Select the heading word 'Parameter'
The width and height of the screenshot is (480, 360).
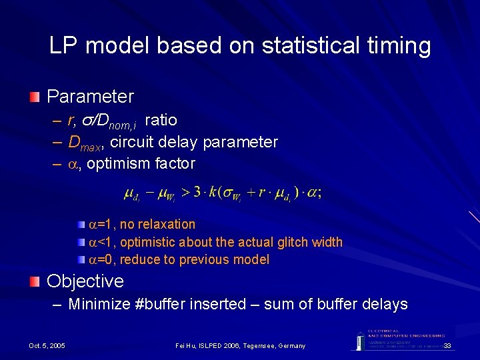coord(90,97)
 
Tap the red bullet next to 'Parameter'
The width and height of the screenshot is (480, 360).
coord(35,97)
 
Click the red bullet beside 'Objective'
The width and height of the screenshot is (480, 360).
coord(35,281)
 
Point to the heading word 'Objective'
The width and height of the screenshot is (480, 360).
coord(85,281)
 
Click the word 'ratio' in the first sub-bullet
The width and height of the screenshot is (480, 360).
coord(161,120)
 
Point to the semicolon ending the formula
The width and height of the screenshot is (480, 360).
coord(320,193)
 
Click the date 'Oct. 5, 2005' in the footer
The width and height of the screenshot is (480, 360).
coord(47,345)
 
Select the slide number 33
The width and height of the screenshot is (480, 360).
coord(447,345)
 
